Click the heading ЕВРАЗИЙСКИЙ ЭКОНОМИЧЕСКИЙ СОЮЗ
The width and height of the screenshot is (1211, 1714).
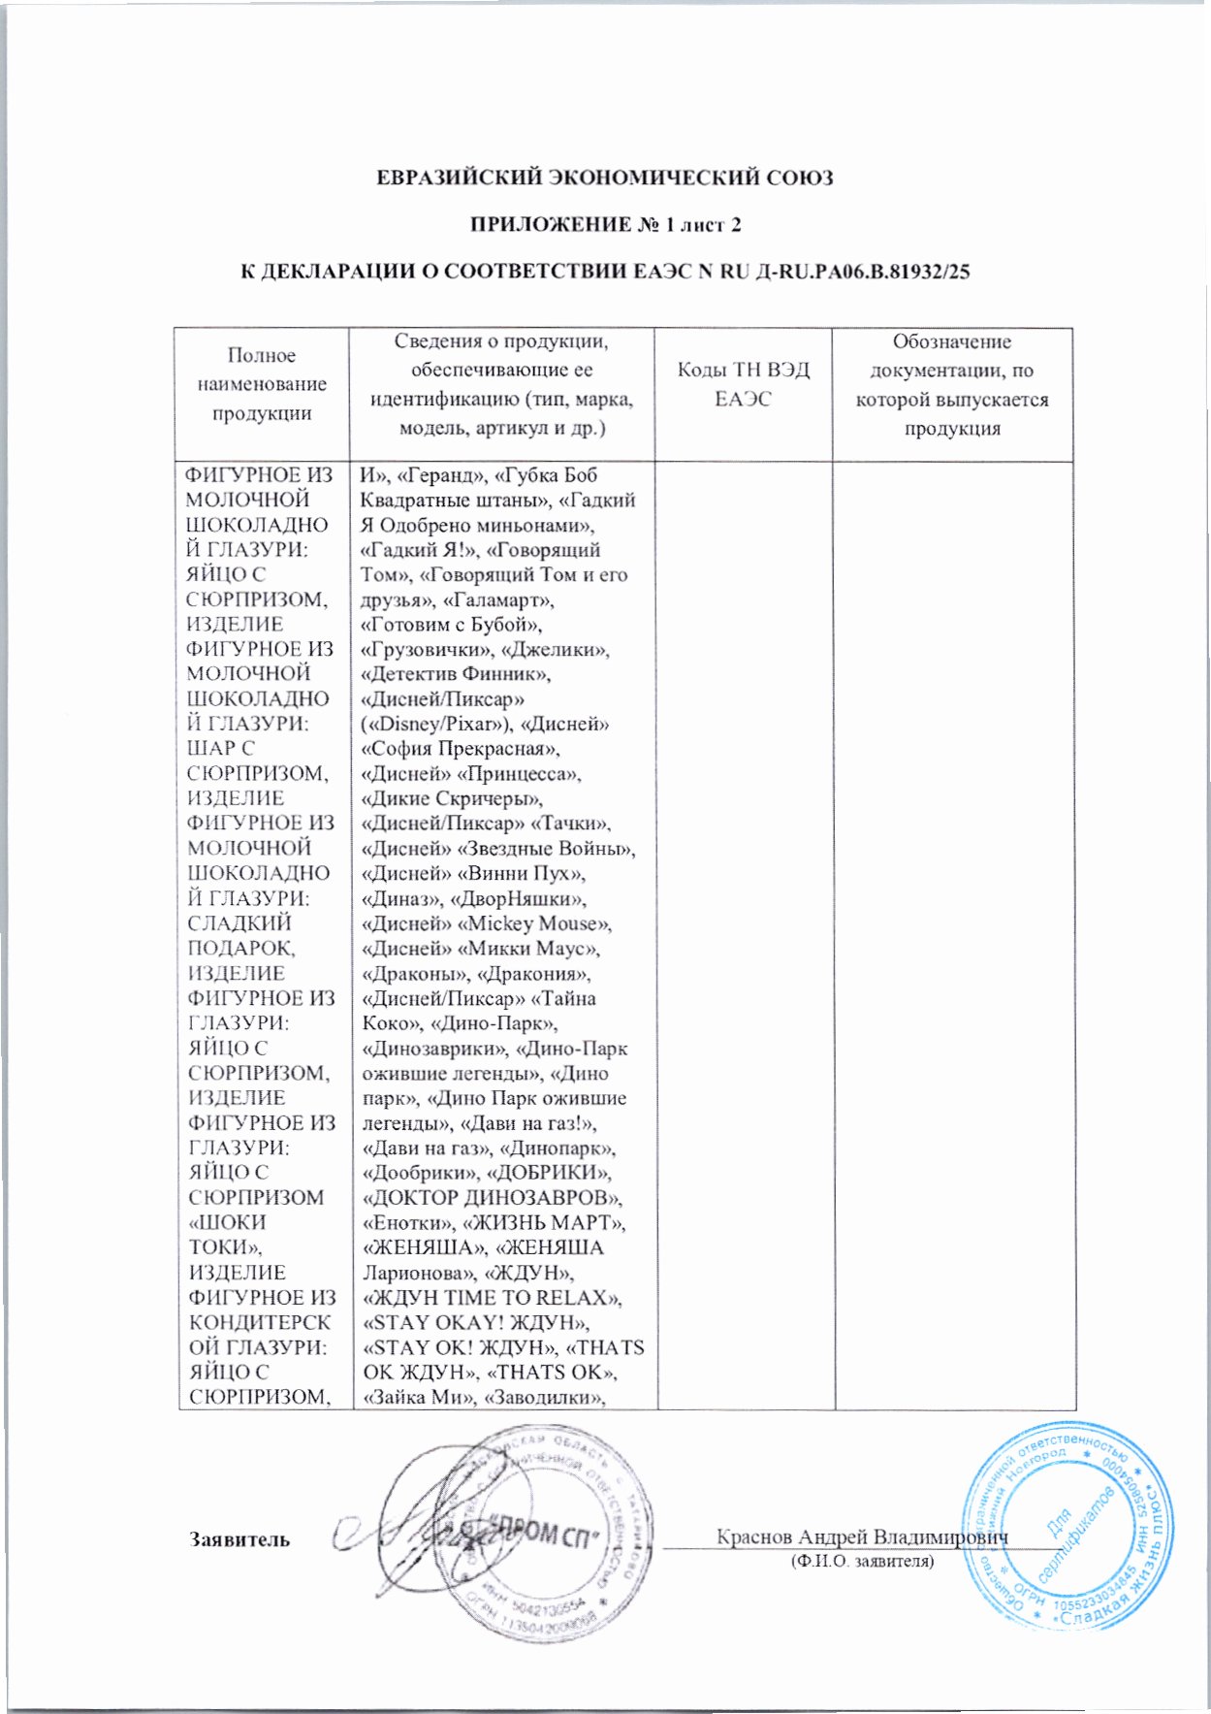click(x=604, y=178)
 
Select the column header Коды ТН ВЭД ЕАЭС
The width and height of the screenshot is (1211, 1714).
click(x=743, y=384)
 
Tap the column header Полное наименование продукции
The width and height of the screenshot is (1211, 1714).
click(x=262, y=384)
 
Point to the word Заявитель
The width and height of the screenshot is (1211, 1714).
click(x=239, y=1539)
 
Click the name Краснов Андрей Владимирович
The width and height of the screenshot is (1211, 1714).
click(x=862, y=1536)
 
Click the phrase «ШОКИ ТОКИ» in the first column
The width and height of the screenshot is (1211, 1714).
click(x=229, y=1235)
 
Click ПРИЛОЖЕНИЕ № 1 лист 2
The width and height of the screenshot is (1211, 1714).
click(x=605, y=225)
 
